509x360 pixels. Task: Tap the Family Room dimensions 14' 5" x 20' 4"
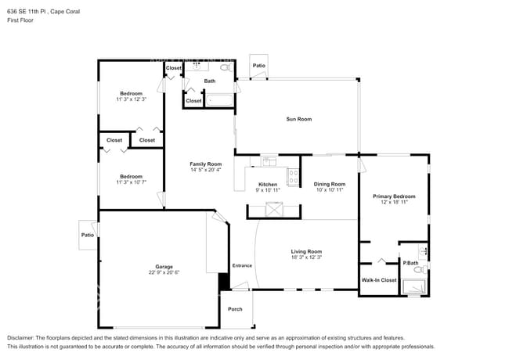coord(206,170)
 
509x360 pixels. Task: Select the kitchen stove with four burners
coord(293,177)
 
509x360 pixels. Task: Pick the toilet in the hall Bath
coord(226,69)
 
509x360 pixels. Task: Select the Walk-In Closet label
coord(378,279)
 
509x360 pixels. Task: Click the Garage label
coord(164,266)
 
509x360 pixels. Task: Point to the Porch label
coord(235,309)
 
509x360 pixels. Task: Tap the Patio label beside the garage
coord(87,235)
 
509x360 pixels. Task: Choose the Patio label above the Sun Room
coord(258,66)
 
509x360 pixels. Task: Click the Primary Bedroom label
coord(394,196)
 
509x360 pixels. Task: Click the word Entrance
coord(242,265)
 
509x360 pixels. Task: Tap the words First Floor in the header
coord(20,20)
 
